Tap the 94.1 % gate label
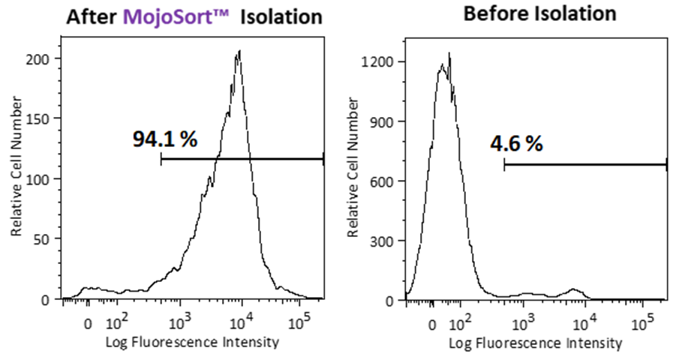click(x=165, y=139)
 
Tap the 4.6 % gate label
click(x=516, y=144)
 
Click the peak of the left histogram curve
click(x=239, y=51)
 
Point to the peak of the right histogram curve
click(x=449, y=53)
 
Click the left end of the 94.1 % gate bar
click(x=161, y=159)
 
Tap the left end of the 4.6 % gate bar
click(x=504, y=164)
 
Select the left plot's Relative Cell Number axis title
click(x=16, y=180)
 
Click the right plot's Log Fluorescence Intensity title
click(x=536, y=343)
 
